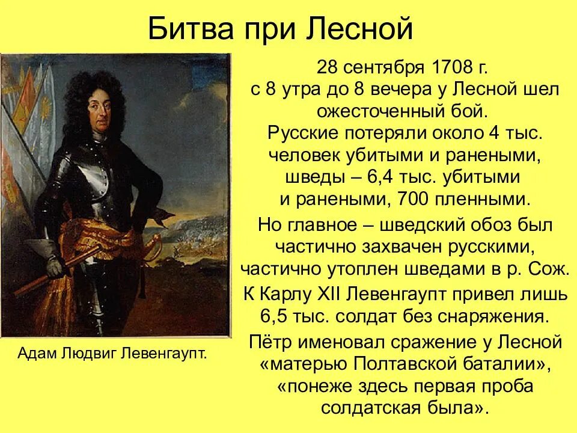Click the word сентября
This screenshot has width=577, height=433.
(386, 67)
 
